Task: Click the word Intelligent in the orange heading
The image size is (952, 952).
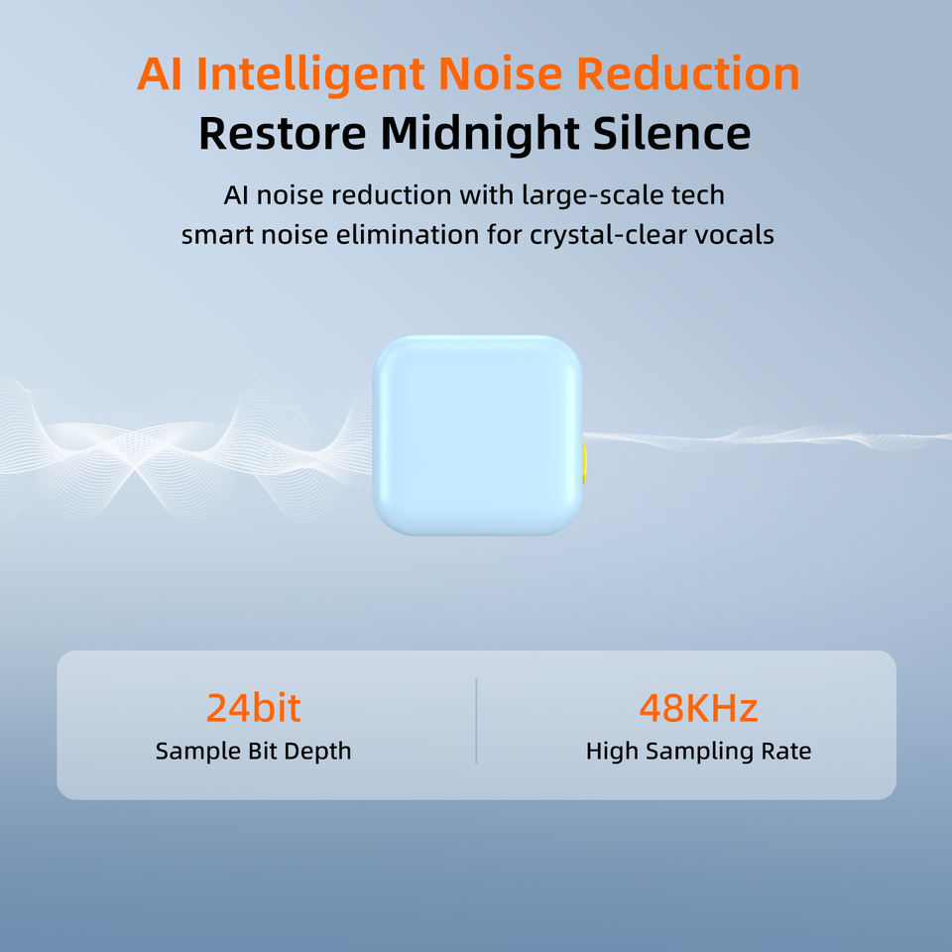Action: click(x=310, y=74)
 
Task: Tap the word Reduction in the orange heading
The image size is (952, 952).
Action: click(x=687, y=74)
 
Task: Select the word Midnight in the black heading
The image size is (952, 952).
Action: click(x=480, y=134)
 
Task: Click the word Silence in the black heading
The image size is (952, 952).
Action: click(x=672, y=133)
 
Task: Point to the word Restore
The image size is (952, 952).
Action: click(x=283, y=134)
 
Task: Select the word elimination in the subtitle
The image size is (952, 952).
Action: click(x=407, y=235)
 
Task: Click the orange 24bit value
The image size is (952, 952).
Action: click(x=253, y=707)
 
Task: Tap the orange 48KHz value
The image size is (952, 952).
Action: click(x=698, y=707)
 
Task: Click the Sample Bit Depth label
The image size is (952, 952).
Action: click(x=253, y=752)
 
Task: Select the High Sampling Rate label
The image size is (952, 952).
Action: click(x=698, y=752)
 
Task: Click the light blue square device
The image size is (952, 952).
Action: click(x=477, y=434)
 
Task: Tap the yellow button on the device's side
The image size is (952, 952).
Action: click(x=583, y=462)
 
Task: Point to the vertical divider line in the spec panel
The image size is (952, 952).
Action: click(x=476, y=721)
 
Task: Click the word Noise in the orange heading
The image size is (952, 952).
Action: click(x=500, y=74)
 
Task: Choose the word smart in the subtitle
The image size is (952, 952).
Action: click(x=217, y=236)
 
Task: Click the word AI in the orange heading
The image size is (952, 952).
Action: click(x=159, y=74)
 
